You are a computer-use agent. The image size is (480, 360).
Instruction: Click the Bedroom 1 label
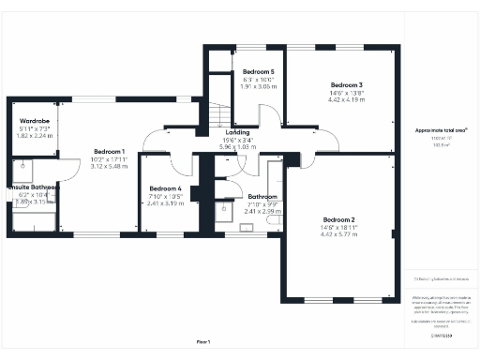click(x=109, y=151)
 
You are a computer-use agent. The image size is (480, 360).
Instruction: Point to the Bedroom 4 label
click(x=165, y=189)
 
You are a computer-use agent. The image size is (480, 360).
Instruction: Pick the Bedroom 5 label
click(x=258, y=72)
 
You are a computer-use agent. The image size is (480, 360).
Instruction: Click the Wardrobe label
click(x=35, y=121)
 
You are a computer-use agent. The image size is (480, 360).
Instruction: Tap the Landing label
click(x=236, y=132)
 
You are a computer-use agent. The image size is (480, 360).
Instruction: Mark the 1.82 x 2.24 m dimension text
click(x=35, y=136)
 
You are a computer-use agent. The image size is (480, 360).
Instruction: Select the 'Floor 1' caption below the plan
click(x=203, y=340)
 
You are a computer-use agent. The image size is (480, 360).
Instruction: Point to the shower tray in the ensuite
click(x=22, y=170)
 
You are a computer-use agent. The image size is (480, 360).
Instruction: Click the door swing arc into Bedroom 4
click(x=152, y=143)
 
